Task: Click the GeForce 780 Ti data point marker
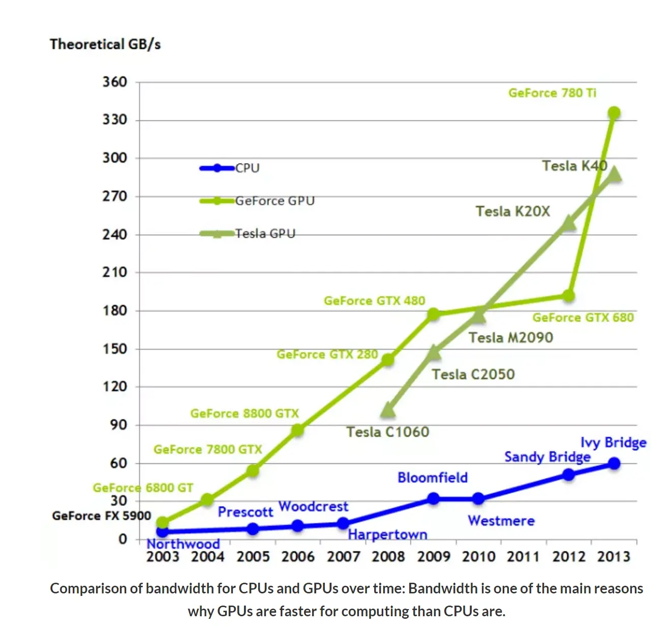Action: click(614, 113)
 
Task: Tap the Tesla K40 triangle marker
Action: click(614, 174)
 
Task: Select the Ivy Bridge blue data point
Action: click(614, 463)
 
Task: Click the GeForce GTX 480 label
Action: click(374, 301)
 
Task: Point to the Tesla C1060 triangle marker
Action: click(388, 409)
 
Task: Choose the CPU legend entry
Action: click(230, 168)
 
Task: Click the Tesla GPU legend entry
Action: click(248, 234)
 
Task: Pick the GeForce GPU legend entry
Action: click(257, 201)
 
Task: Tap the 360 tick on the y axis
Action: click(114, 82)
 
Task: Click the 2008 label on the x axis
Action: click(388, 557)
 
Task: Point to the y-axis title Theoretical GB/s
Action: click(105, 45)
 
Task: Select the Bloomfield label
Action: click(433, 478)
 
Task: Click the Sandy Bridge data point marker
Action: click(569, 475)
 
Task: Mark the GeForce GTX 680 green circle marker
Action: click(569, 296)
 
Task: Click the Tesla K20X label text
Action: click(512, 211)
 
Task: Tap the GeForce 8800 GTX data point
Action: click(298, 430)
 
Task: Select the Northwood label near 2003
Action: click(183, 544)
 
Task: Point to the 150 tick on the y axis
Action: click(114, 349)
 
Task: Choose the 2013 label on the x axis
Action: click(614, 557)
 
